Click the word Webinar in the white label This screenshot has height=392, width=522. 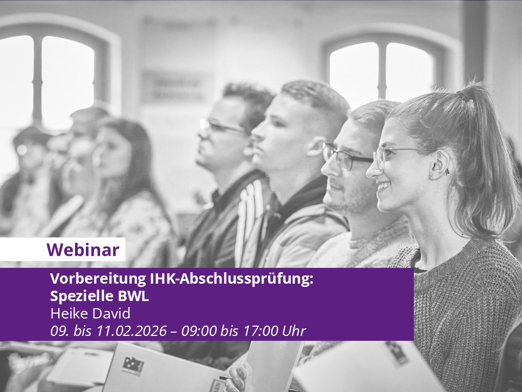click(x=83, y=250)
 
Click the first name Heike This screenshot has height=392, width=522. click(x=69, y=314)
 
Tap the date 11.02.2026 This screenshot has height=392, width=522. click(x=132, y=330)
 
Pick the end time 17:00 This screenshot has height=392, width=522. click(x=260, y=330)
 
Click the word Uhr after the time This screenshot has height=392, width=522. click(x=294, y=330)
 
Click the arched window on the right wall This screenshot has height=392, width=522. click(x=383, y=70)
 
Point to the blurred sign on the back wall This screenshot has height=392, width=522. click(x=176, y=87)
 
